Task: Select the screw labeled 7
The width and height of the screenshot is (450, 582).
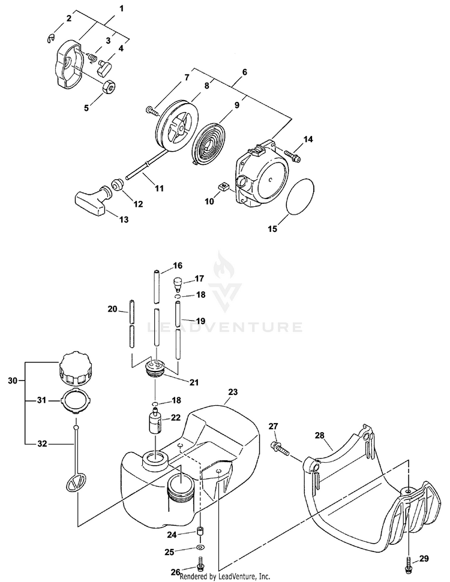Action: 151,109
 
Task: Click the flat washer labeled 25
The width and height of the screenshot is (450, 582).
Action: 199,548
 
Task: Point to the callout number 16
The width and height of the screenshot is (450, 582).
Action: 178,266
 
